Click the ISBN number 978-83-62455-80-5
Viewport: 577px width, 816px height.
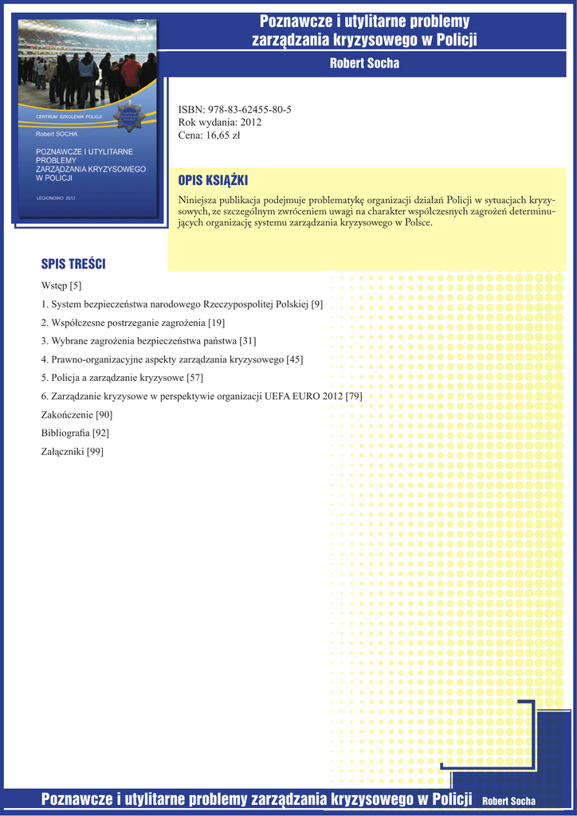(x=249, y=109)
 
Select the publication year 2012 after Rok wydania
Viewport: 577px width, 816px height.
(x=251, y=122)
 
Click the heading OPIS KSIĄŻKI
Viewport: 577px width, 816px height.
(x=214, y=181)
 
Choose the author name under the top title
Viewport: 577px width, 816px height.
(x=364, y=63)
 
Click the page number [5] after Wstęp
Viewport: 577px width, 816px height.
(x=76, y=285)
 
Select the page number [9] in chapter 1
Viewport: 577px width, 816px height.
(x=316, y=304)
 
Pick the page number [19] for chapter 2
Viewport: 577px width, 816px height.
(x=216, y=323)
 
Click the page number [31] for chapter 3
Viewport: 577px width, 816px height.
(x=248, y=341)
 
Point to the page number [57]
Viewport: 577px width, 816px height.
(x=195, y=378)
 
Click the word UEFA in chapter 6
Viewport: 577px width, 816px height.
(x=280, y=396)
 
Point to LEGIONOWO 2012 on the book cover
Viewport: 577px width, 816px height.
(x=56, y=197)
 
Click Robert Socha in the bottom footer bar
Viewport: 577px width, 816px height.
(x=509, y=800)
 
